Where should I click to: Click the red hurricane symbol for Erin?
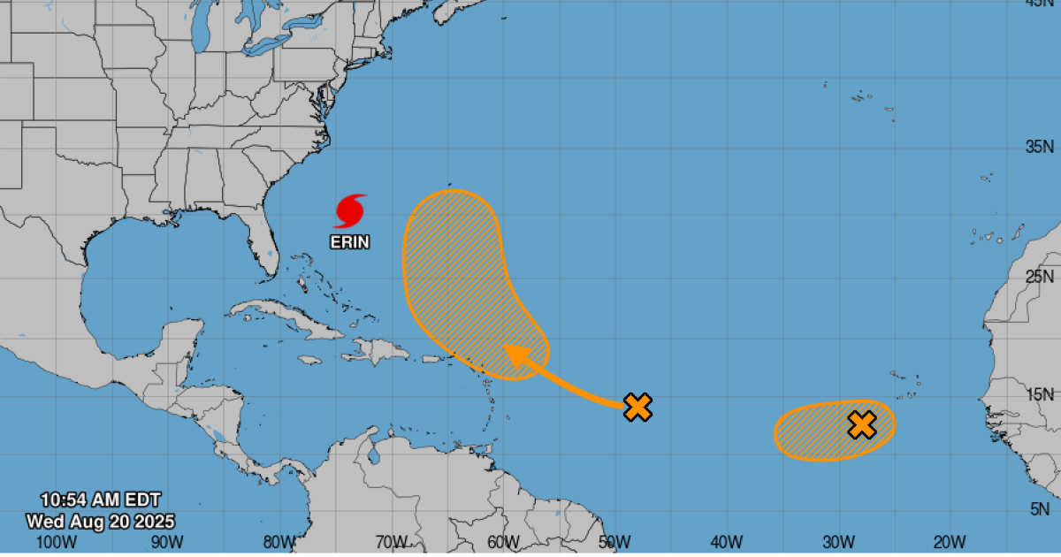pyautogui.click(x=350, y=211)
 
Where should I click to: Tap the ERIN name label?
pyautogui.click(x=350, y=241)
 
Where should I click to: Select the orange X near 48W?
pyautogui.click(x=637, y=407)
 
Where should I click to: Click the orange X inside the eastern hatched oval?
pyautogui.click(x=861, y=425)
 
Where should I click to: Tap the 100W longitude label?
pyautogui.click(x=55, y=541)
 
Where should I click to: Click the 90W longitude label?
pyautogui.click(x=166, y=541)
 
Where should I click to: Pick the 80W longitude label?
pyautogui.click(x=279, y=541)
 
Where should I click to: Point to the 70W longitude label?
pyautogui.click(x=390, y=541)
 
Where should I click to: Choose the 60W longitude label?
pyautogui.click(x=502, y=541)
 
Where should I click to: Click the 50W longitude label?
pyautogui.click(x=614, y=541)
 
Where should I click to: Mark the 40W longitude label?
pyautogui.click(x=726, y=541)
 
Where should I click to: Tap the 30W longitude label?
pyautogui.click(x=837, y=541)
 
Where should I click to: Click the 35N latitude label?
pyautogui.click(x=1039, y=147)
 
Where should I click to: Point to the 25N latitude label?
pyautogui.click(x=1039, y=277)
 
